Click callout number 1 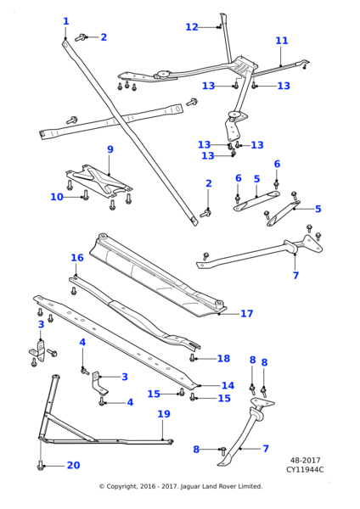66,21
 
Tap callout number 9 110,149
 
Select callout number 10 56,197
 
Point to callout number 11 281,40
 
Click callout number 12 191,27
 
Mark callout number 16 76,257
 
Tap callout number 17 246,314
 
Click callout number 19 163,414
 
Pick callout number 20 73,465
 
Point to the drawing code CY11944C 305,469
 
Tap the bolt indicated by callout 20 40,465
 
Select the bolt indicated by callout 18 194,359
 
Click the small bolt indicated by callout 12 219,27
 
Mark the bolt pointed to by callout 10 85,196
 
